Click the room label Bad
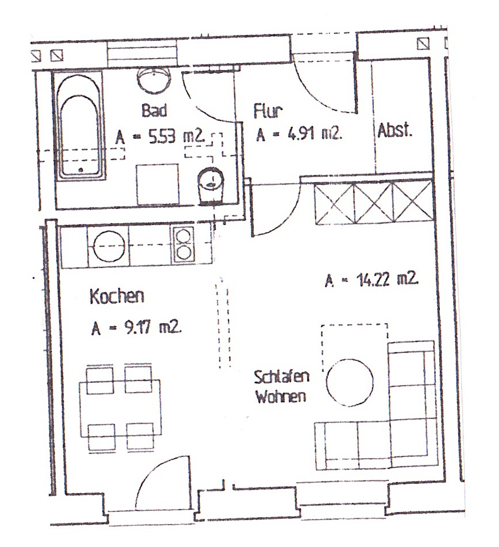click(154, 110)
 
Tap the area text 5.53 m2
click(176, 136)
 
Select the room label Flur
click(267, 111)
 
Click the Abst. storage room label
click(394, 130)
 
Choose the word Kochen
click(117, 297)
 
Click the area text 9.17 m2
click(153, 328)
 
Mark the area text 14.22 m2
click(388, 279)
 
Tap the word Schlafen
click(281, 377)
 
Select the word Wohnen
click(281, 397)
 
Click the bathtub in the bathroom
click(79, 126)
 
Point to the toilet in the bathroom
click(210, 185)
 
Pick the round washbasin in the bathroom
click(154, 80)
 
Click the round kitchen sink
click(109, 246)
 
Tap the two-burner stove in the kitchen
click(183, 245)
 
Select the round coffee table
click(350, 382)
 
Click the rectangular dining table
click(121, 409)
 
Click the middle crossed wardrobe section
click(374, 203)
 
